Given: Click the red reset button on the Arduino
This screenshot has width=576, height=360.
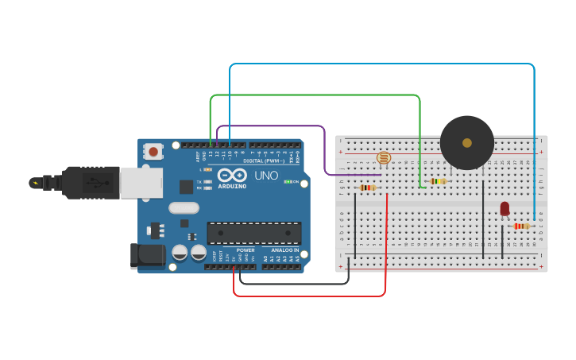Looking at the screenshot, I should click(153, 149).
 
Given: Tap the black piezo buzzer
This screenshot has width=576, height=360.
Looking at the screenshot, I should click(467, 143).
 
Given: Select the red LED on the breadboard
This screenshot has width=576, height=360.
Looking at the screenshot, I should click(504, 208).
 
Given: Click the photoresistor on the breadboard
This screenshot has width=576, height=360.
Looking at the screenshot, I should click(384, 158).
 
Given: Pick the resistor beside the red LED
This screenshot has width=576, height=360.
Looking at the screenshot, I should click(521, 226).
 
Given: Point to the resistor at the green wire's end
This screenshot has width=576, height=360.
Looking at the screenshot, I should click(437, 181).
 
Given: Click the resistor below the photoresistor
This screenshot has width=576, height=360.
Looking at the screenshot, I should click(368, 188).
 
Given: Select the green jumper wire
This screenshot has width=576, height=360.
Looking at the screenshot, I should click(318, 95).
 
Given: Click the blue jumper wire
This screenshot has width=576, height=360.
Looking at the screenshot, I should click(381, 64).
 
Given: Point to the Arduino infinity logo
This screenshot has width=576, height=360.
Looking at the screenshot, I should click(233, 175).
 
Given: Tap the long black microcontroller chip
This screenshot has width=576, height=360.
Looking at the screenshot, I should click(254, 233).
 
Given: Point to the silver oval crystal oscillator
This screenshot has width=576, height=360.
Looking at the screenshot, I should click(184, 208).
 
